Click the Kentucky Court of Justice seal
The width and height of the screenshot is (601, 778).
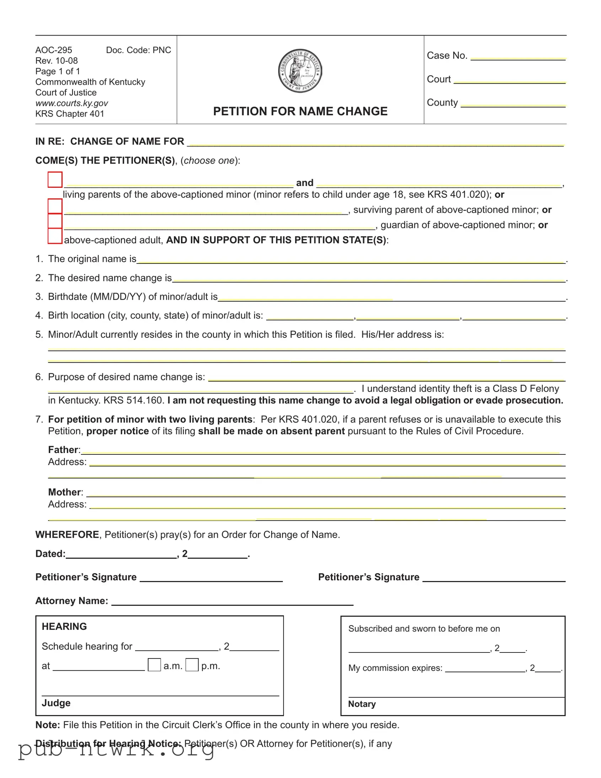click(x=300, y=70)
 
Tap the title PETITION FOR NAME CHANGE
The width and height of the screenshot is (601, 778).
click(x=300, y=111)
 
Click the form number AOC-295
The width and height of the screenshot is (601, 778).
click(x=54, y=50)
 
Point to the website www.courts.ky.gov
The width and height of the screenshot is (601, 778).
click(x=71, y=103)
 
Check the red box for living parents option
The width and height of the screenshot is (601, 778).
click(x=55, y=180)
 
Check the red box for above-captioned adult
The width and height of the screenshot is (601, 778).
click(x=55, y=236)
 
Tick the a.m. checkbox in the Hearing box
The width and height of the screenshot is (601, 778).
click(x=154, y=665)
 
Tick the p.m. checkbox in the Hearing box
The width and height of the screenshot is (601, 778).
click(x=192, y=665)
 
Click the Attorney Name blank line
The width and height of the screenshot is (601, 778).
click(x=232, y=602)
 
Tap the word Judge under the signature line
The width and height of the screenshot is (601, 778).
click(x=56, y=703)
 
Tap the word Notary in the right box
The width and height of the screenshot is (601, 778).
click(x=362, y=704)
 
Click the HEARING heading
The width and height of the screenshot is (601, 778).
click(x=64, y=626)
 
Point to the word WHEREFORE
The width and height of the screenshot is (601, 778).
click(x=67, y=534)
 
